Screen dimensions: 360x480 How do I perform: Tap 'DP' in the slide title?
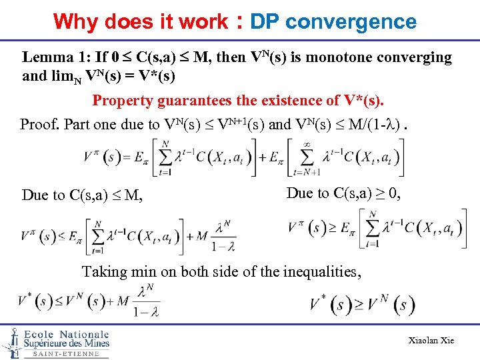tap(264, 21)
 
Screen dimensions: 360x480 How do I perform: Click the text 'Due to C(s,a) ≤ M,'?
tap(82, 195)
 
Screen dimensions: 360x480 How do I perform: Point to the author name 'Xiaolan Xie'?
tap(431, 340)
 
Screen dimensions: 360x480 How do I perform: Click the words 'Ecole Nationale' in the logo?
tap(66, 334)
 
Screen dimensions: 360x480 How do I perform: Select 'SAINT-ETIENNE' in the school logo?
tap(66, 353)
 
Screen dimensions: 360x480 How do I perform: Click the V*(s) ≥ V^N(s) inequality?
tap(362, 305)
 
